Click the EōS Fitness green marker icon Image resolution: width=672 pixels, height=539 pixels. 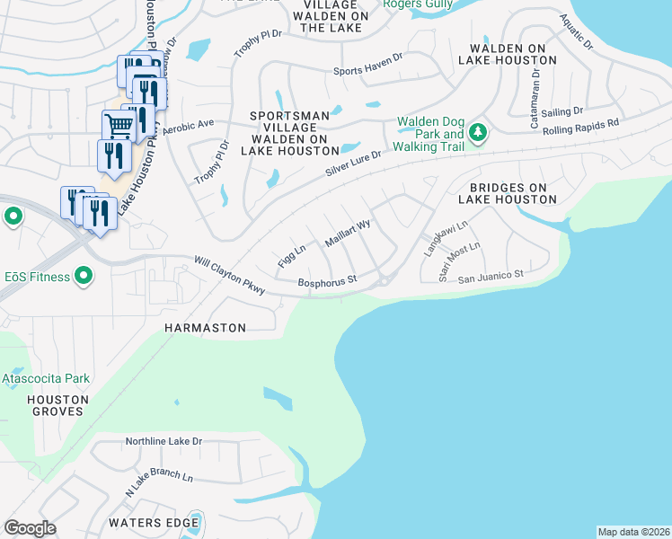pyautogui.click(x=84, y=276)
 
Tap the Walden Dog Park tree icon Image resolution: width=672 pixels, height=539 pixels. pyautogui.click(x=479, y=133)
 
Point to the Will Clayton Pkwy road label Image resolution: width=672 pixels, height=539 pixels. pyautogui.click(x=229, y=275)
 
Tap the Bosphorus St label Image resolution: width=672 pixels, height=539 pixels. pyautogui.click(x=328, y=280)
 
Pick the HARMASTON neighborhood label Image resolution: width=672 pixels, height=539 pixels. pyautogui.click(x=205, y=328)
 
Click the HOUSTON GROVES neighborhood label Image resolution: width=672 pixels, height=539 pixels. pyautogui.click(x=57, y=405)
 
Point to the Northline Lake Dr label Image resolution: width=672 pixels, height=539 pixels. pyautogui.click(x=164, y=441)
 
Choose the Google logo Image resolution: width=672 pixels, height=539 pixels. pyautogui.click(x=30, y=528)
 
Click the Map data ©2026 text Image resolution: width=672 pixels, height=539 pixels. pyautogui.click(x=633, y=532)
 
